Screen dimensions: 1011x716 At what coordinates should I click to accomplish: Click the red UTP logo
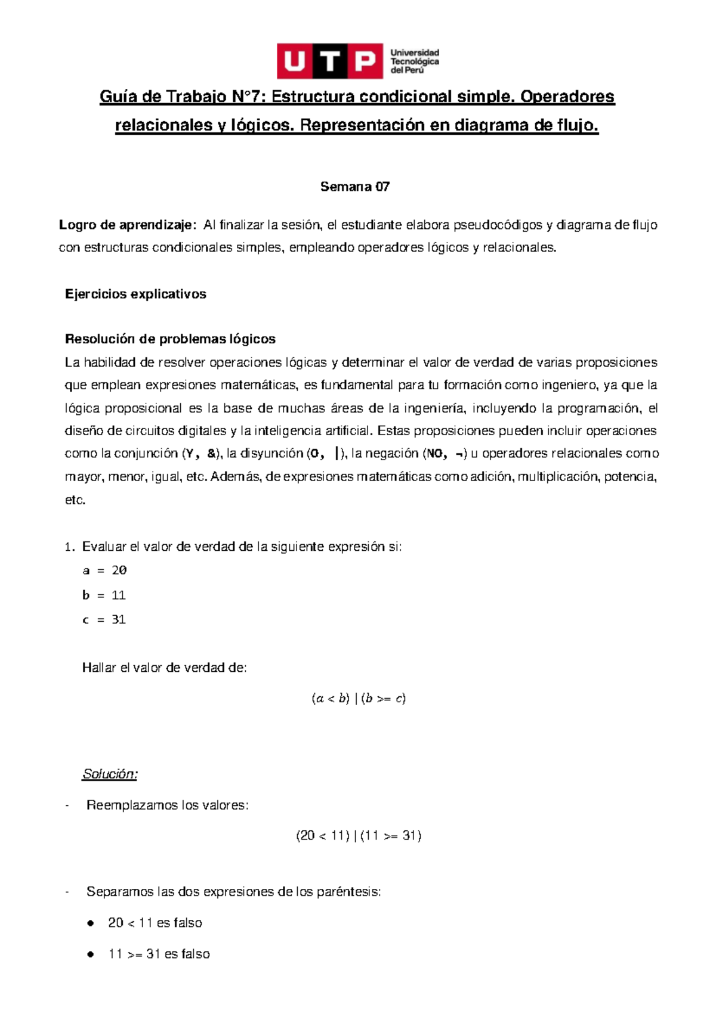(x=329, y=61)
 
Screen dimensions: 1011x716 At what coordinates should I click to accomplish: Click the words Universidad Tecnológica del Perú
(x=415, y=61)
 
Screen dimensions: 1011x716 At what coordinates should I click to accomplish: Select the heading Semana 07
(x=355, y=187)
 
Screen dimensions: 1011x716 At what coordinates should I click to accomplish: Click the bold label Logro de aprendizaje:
(x=127, y=225)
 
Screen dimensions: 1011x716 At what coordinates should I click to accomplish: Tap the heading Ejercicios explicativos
(x=135, y=294)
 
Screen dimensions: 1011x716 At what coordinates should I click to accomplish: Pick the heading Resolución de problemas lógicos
(x=170, y=339)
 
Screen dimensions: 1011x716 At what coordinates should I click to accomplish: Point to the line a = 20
(x=104, y=570)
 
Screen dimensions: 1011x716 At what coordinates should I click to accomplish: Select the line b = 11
(x=104, y=595)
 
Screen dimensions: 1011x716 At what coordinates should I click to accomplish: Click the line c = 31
(x=104, y=620)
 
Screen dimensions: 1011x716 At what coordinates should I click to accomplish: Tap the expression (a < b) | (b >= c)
(x=358, y=699)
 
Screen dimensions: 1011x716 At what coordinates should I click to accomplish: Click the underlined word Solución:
(x=110, y=774)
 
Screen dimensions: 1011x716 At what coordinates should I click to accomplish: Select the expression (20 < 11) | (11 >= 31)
(x=359, y=836)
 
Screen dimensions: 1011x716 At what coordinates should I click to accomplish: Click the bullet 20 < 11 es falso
(x=155, y=923)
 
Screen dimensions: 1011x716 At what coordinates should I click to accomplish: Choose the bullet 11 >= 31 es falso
(x=159, y=954)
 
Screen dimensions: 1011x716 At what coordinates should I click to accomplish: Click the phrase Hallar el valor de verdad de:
(x=164, y=668)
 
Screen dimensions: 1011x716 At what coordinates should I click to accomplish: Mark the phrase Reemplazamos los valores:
(x=167, y=805)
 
